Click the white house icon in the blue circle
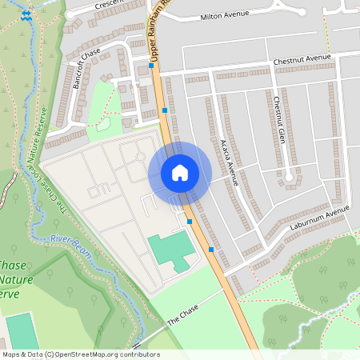[180, 173]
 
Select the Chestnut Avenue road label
[302, 59]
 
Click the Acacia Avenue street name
[227, 161]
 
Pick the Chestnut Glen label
[278, 121]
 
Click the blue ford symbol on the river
[28, 15]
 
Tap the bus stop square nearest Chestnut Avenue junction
[151, 66]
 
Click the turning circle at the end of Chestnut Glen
[288, 176]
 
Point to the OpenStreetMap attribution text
[80, 354]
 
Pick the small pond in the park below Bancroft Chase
[103, 126]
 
